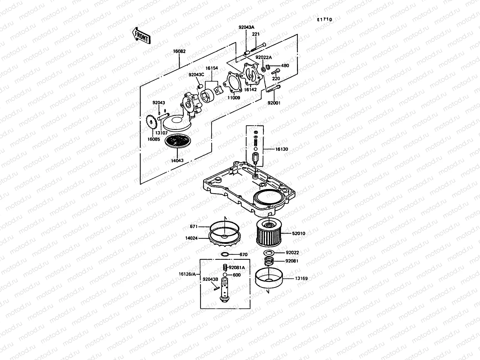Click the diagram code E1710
point(325,19)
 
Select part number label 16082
point(179,51)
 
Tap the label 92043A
point(246,27)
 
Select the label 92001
point(274,103)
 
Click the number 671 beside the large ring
point(194,227)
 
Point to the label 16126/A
point(187,274)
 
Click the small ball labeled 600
point(225,275)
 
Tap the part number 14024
point(191,238)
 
